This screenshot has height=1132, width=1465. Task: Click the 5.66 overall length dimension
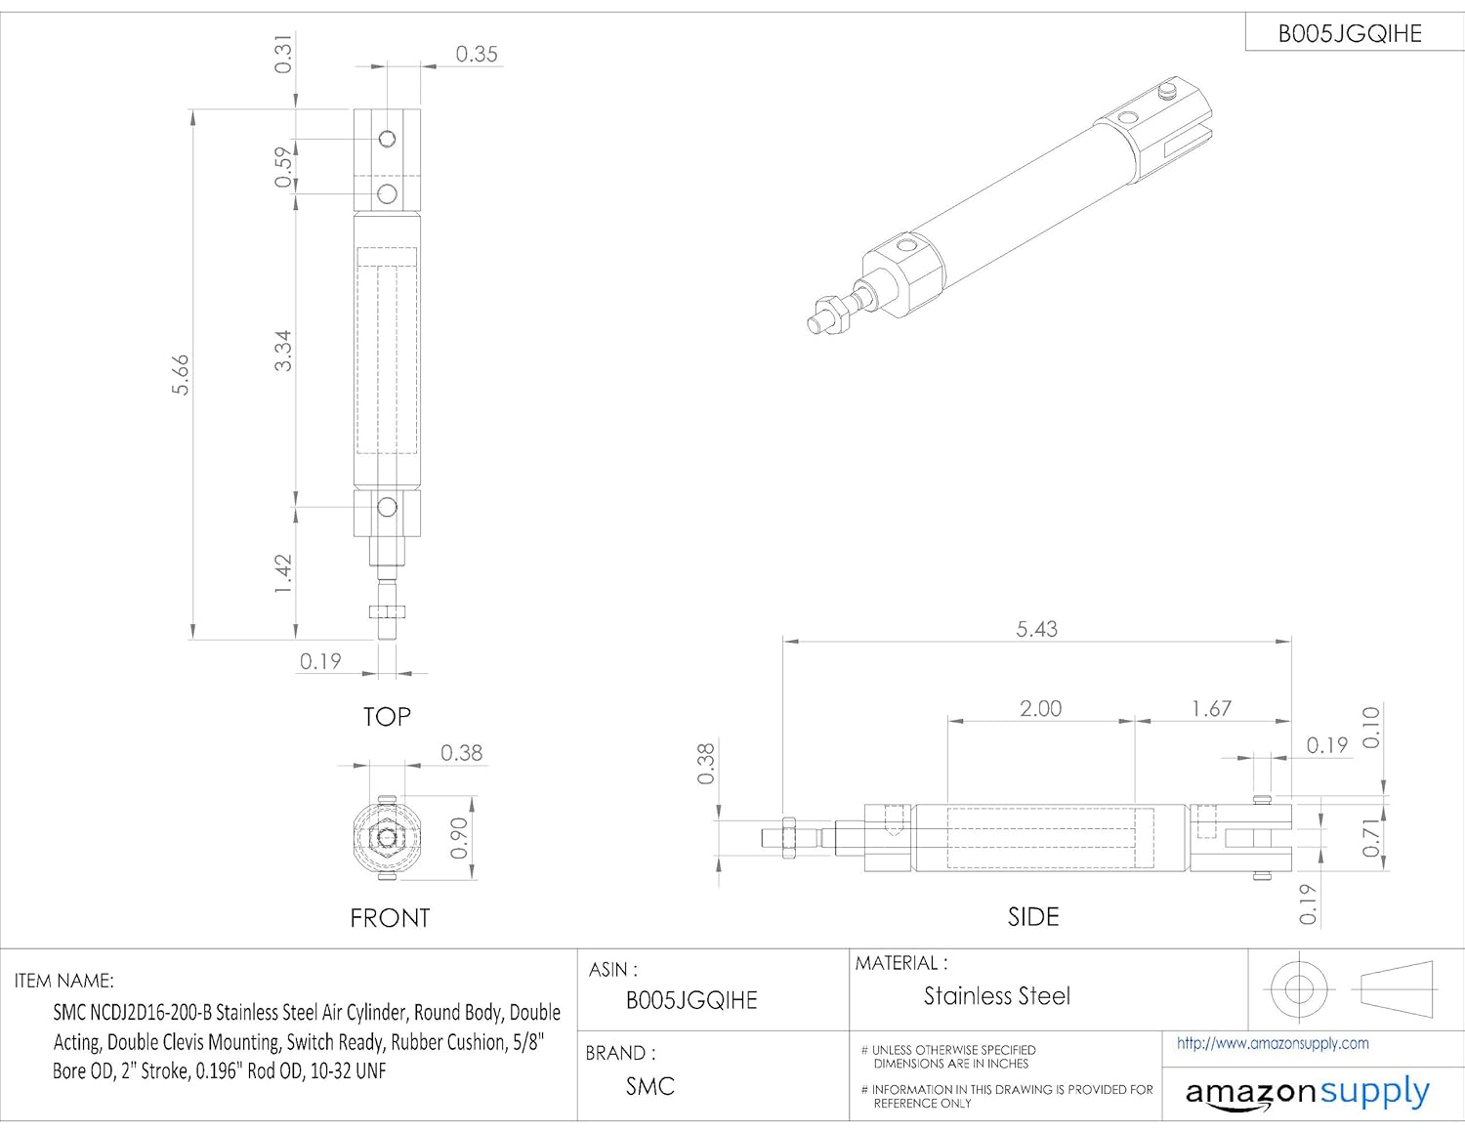pyautogui.click(x=181, y=375)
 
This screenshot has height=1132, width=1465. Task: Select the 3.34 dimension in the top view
pyautogui.click(x=282, y=351)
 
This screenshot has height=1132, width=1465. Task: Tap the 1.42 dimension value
pyautogui.click(x=282, y=573)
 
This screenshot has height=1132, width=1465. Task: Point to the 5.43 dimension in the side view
pyautogui.click(x=1036, y=629)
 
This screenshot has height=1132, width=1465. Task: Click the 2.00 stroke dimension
pyautogui.click(x=1040, y=708)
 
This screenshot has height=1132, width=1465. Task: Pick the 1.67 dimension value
pyautogui.click(x=1211, y=708)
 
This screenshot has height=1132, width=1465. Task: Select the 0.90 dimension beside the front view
pyautogui.click(x=458, y=838)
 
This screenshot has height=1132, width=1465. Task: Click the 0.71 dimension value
pyautogui.click(x=1371, y=838)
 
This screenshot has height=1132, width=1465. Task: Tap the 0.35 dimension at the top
pyautogui.click(x=477, y=55)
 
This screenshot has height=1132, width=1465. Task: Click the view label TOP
pyautogui.click(x=387, y=717)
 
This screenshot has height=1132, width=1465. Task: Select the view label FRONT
pyautogui.click(x=390, y=918)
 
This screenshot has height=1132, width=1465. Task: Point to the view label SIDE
pyautogui.click(x=1033, y=917)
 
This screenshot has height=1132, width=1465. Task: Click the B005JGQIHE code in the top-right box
pyautogui.click(x=1350, y=34)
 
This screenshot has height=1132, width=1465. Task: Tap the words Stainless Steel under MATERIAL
pyautogui.click(x=997, y=996)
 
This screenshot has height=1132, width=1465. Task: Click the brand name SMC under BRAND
pyautogui.click(x=650, y=1086)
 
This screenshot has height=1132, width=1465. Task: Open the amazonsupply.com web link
pyautogui.click(x=1273, y=1043)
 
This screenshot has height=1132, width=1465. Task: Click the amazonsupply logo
pyautogui.click(x=1307, y=1093)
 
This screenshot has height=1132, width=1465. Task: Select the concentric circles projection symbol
pyautogui.click(x=1299, y=988)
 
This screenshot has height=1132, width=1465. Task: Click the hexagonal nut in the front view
pyautogui.click(x=389, y=837)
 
